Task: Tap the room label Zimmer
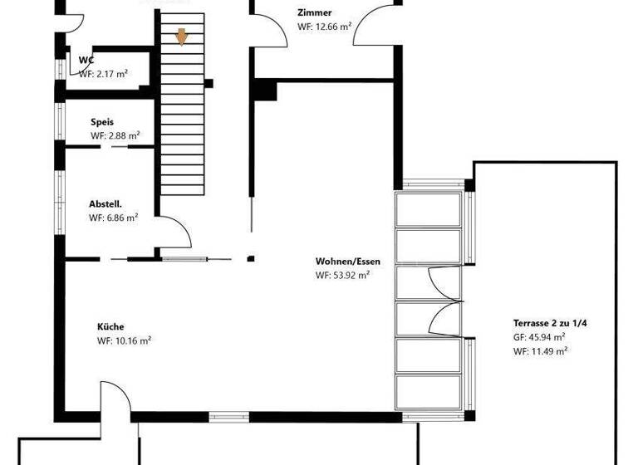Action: pos(315,13)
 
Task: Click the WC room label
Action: pos(86,60)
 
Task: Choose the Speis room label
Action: pos(102,122)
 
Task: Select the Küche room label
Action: pos(110,327)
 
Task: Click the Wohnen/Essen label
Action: pos(341,262)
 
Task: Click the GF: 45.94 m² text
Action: pos(540,337)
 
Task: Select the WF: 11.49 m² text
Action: pos(540,351)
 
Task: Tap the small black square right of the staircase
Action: pos(209,83)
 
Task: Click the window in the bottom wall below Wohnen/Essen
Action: pos(228,417)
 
